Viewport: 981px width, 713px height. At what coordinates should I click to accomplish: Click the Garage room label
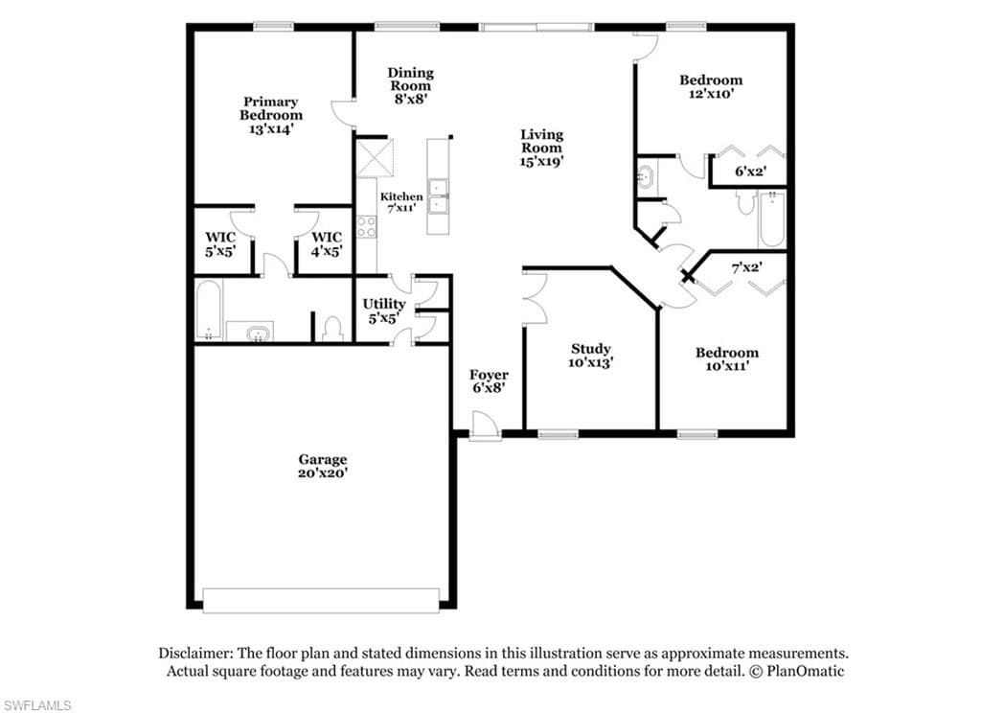(x=322, y=467)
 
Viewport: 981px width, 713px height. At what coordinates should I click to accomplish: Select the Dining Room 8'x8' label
(x=410, y=85)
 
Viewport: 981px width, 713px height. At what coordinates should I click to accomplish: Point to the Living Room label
(x=542, y=148)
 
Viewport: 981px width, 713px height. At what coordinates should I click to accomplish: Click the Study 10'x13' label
(x=590, y=356)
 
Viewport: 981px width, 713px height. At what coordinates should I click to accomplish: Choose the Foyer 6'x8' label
(x=489, y=381)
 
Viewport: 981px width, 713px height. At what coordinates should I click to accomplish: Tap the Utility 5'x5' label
(x=384, y=311)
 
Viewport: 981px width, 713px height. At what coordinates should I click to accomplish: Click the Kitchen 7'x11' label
(x=401, y=202)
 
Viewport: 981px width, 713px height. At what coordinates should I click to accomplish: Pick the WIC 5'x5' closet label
(x=221, y=244)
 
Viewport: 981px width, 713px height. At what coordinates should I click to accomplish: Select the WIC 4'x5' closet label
(x=327, y=244)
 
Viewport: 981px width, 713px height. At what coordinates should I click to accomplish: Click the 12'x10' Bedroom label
(x=711, y=86)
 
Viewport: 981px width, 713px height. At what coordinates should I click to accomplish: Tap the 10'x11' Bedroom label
(x=727, y=359)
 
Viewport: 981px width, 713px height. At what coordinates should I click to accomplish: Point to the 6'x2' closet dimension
(x=751, y=171)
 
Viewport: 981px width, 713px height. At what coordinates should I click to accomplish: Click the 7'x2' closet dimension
(x=747, y=267)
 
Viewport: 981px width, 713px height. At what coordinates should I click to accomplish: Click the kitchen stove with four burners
(x=367, y=226)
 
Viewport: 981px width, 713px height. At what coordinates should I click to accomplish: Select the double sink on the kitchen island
(x=438, y=197)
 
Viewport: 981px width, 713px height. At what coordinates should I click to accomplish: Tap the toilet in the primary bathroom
(x=332, y=329)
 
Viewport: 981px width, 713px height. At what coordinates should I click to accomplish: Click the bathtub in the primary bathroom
(x=208, y=310)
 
